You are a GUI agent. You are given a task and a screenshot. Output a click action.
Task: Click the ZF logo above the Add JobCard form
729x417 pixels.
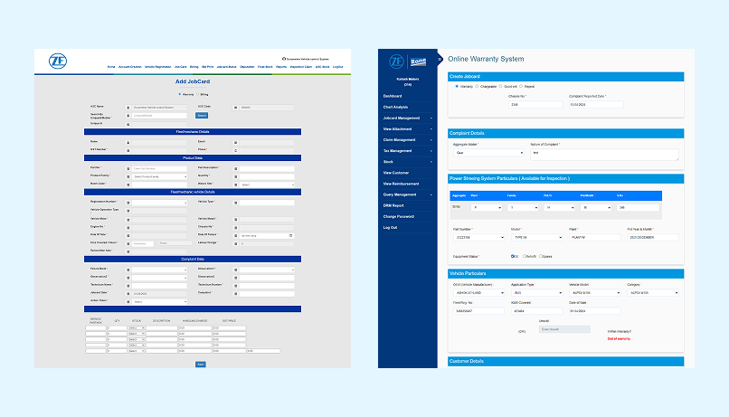tap(58, 62)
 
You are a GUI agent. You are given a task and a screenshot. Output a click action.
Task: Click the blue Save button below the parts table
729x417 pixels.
tap(200, 364)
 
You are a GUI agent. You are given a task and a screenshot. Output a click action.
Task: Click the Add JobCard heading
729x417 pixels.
tap(193, 82)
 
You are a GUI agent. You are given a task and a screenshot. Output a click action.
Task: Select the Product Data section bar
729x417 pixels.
tap(193, 158)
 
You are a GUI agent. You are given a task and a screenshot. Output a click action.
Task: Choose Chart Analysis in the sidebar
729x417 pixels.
tap(395, 107)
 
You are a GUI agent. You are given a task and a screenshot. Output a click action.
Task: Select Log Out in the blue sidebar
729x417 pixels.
tap(390, 227)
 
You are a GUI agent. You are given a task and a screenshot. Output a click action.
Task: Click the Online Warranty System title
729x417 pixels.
tap(486, 59)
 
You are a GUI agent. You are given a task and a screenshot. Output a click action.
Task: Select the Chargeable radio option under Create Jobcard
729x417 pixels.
tap(482, 87)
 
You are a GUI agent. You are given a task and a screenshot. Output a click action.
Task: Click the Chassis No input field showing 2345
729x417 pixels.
tap(534, 105)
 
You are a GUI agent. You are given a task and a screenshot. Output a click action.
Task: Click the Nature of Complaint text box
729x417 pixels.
tap(603, 154)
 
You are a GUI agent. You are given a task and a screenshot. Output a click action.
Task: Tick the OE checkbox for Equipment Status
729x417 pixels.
tap(513, 256)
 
